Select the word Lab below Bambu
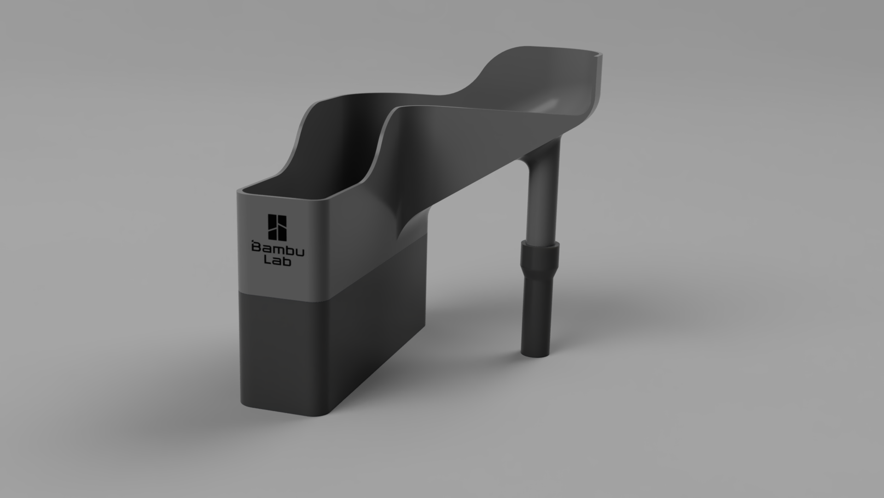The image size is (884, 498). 278,261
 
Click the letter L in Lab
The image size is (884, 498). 266,261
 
